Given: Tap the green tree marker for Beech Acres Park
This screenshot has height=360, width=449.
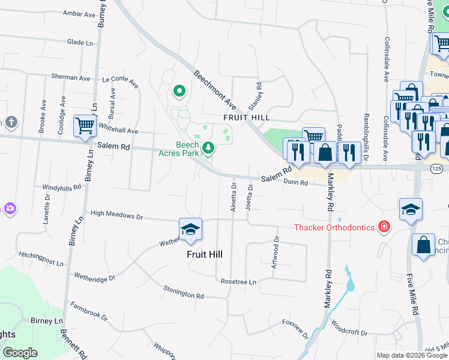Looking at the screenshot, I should coord(208,147).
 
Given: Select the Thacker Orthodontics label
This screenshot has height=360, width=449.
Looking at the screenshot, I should coord(333,227).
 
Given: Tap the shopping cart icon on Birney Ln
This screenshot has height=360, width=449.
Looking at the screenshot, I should coord(85,126).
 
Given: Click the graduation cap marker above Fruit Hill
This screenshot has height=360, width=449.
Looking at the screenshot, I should coord(190,230).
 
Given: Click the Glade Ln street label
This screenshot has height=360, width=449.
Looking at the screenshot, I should coord(80,43).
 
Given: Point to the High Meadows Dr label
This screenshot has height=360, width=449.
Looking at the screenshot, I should coord(116,214).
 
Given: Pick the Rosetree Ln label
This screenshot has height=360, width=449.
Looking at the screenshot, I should coord(238,281).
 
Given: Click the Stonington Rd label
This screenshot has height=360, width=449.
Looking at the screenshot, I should coord(184,293).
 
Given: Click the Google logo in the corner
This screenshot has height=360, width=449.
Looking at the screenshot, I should coord(20,353).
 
